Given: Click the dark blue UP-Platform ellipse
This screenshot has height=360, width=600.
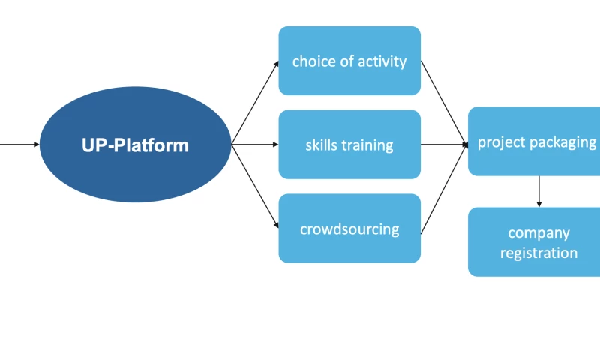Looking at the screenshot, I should [135, 144].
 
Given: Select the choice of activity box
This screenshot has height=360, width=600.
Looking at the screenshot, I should [349, 61].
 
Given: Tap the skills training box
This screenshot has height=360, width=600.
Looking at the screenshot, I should [349, 145].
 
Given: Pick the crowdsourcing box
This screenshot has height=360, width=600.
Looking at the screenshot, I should [349, 229].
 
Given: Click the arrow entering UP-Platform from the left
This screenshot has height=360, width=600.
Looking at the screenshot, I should [19, 144].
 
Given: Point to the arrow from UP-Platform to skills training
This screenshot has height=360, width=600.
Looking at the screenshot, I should [255, 144].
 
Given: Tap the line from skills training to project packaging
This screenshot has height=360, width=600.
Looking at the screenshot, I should [444, 144].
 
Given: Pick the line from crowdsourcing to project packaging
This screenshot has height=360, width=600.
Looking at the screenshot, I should [444, 187].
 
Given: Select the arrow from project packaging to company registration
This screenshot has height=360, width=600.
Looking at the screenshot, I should [538, 191].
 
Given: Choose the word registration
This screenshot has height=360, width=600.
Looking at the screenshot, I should [538, 253].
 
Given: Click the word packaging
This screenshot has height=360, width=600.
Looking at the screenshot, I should [567, 142].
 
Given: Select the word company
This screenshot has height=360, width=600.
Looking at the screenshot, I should [538, 233].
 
